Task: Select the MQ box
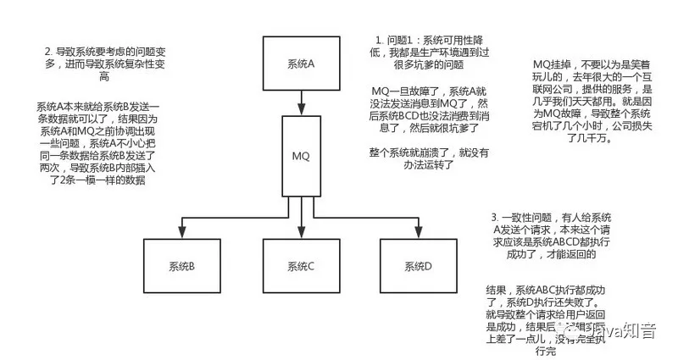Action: coord(301,157)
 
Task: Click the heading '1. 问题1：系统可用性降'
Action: coord(431,42)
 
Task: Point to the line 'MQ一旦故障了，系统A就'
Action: coord(431,91)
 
